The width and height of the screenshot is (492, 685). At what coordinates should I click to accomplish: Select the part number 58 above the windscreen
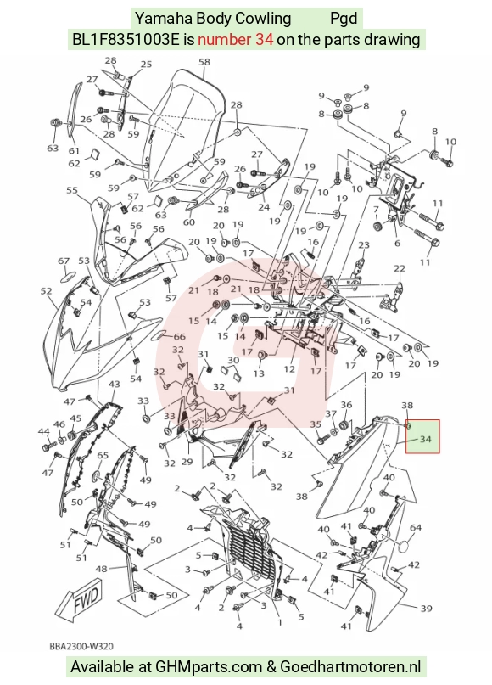[204, 62]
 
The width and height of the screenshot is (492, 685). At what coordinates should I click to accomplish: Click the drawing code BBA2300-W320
[82, 646]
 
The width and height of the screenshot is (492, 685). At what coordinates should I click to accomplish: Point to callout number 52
[46, 291]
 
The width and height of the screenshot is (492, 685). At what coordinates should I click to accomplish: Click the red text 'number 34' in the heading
[236, 40]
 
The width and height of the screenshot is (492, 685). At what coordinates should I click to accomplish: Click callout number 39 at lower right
[426, 609]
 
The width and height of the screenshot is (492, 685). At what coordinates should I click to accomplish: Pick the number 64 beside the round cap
[415, 528]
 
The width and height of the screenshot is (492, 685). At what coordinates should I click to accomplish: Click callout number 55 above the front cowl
[72, 190]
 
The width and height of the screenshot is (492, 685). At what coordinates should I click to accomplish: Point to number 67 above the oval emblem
[64, 261]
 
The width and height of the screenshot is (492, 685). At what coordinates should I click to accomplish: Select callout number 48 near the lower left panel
[101, 570]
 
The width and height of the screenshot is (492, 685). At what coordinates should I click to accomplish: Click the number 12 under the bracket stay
[289, 369]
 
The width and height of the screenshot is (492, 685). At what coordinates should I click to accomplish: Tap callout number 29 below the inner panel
[187, 462]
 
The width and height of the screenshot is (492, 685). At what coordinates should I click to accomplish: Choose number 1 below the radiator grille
[280, 622]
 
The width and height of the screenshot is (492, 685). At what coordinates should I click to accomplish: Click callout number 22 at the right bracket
[400, 268]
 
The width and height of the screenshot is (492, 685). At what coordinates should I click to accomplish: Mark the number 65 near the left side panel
[103, 456]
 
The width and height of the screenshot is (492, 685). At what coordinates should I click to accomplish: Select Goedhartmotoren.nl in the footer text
[350, 666]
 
